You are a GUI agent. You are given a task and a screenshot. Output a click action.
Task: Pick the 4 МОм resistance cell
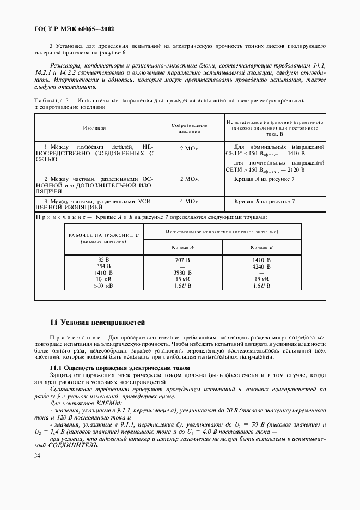pos(189,202)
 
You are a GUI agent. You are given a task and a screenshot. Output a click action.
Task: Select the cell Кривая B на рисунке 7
pos(264,202)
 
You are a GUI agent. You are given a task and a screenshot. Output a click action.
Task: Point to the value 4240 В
pos(261,266)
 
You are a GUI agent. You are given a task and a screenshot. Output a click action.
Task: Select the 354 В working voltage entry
pos(103,266)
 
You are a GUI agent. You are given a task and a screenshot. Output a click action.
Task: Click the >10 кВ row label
pos(103,285)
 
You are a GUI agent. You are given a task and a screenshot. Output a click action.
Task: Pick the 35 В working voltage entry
pos(103,260)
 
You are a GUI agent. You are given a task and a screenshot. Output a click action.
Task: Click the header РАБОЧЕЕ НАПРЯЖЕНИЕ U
pos(103,235)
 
